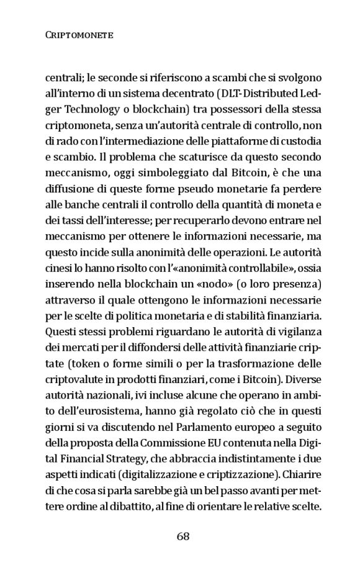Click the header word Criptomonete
coord(79,36)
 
